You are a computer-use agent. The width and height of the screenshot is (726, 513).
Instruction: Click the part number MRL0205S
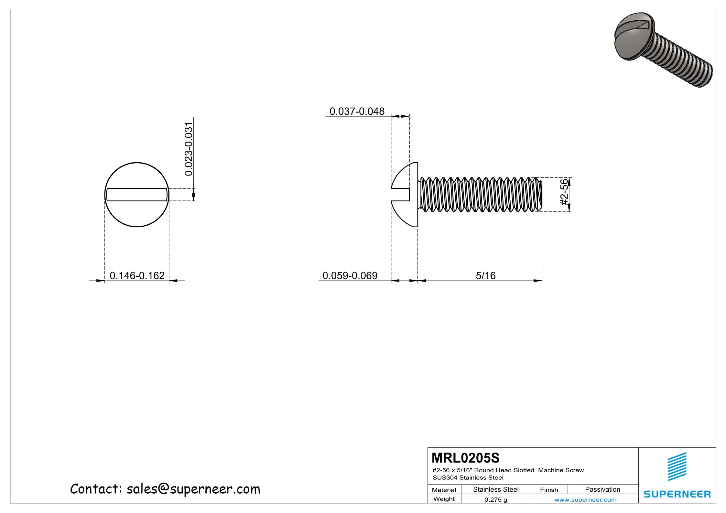(465, 458)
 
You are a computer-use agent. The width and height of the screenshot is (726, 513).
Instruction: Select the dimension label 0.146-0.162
(137, 275)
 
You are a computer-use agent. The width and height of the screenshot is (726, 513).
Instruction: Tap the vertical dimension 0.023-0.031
(188, 149)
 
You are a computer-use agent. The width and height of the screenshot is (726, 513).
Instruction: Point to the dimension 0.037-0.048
(357, 111)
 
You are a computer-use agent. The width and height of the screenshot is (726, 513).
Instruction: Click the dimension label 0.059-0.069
(350, 275)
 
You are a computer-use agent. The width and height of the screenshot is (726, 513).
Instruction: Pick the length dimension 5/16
(485, 275)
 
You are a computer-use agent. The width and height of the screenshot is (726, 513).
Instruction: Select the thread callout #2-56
(564, 192)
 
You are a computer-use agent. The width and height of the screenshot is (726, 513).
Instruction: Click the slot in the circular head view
(137, 195)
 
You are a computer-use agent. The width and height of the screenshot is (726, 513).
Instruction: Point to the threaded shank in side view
(479, 195)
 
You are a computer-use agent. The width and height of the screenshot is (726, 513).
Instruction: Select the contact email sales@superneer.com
(165, 489)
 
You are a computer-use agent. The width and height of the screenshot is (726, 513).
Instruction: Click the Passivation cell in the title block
(602, 489)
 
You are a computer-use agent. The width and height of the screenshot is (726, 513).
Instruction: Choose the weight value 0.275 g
(495, 499)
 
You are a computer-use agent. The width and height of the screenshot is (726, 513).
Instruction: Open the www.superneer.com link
(585, 500)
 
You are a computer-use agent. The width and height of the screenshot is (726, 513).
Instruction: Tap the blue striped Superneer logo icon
(677, 466)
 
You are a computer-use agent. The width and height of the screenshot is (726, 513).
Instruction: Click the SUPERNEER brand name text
(677, 494)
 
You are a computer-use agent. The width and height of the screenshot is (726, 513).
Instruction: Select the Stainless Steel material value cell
(496, 489)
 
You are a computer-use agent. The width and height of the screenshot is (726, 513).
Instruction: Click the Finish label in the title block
(549, 490)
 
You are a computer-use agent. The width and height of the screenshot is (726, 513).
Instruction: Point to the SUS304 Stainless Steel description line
(468, 477)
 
